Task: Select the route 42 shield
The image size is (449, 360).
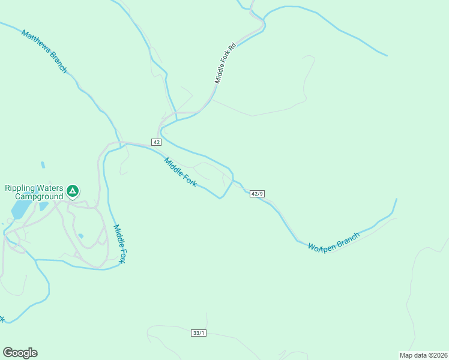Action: [156, 142]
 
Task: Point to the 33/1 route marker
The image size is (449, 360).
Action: [199, 332]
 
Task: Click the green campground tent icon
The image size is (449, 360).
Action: [72, 191]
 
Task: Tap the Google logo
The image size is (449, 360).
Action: [20, 353]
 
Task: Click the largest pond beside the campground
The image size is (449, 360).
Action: [22, 209]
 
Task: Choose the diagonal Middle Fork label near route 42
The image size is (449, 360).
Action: [180, 172]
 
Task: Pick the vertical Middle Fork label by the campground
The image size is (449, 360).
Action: [120, 244]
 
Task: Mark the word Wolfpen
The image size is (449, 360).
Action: [321, 245]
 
